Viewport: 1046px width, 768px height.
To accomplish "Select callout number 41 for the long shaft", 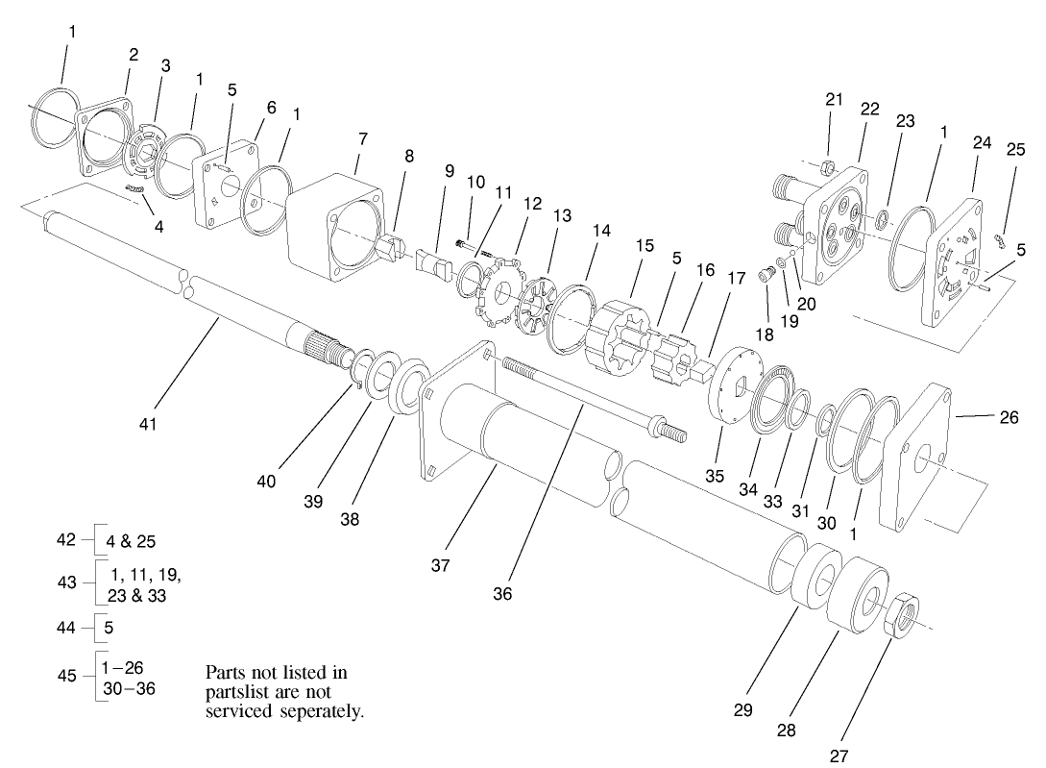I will click(x=146, y=422).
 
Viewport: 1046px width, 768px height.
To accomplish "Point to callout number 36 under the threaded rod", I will click(x=502, y=594).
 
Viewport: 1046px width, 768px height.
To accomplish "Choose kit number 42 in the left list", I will click(x=65, y=540).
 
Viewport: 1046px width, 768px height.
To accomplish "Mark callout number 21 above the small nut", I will click(x=833, y=100).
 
